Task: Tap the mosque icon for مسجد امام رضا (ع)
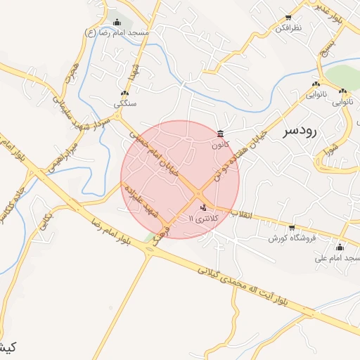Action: (116, 22)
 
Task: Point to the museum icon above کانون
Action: (221, 134)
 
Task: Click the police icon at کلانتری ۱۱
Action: (203, 207)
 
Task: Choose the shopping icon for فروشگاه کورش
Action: (292, 227)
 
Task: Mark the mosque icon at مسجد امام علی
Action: (340, 247)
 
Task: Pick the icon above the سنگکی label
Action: (124, 92)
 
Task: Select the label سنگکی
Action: (125, 103)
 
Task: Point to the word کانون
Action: (221, 145)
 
